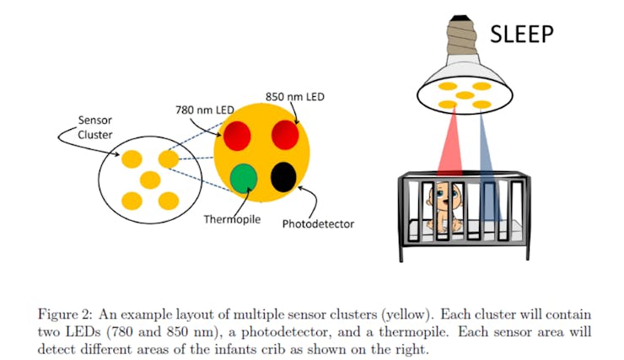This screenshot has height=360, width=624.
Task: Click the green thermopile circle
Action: (244, 179)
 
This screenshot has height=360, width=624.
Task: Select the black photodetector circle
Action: (283, 177)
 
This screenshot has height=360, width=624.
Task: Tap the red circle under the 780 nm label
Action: (238, 135)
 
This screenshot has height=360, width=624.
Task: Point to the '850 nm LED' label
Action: (295, 96)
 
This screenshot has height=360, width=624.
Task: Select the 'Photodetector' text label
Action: (318, 224)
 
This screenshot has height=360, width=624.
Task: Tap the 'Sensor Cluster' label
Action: (94, 127)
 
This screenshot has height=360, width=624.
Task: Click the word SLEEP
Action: (522, 34)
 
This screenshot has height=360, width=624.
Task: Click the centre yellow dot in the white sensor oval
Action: (150, 179)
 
